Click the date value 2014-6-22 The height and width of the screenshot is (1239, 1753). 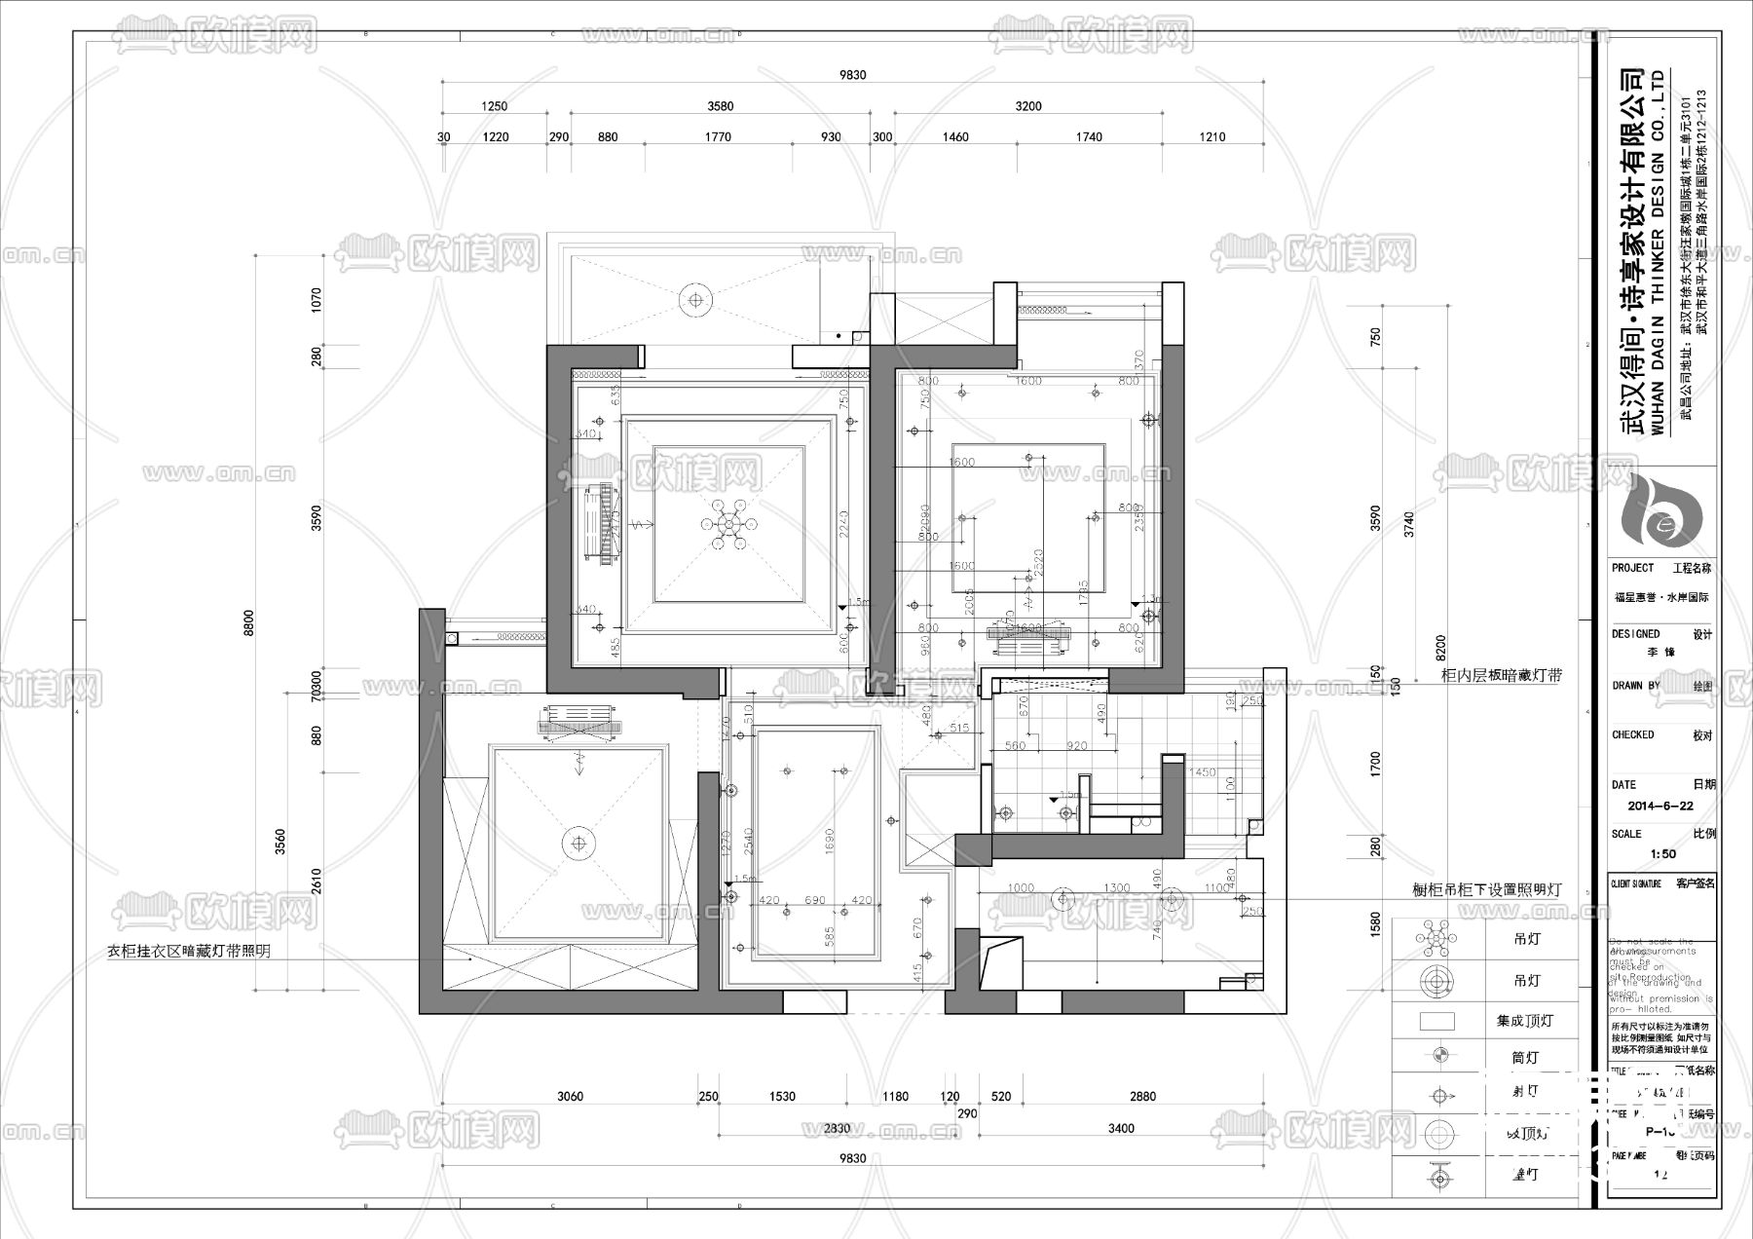pos(1660,807)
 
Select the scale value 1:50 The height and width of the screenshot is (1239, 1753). pos(1662,854)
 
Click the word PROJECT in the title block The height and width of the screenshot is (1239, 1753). pos(1632,568)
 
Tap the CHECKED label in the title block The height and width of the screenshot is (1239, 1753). pos(1632,734)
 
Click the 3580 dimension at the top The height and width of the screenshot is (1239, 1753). pos(720,106)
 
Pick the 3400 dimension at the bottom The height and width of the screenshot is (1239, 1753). pos(1121,1129)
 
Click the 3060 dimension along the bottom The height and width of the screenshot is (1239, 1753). pos(570,1097)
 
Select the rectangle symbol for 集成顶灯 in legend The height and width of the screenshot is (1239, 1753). pos(1437,1021)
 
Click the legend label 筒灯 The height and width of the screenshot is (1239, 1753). pos(1524,1058)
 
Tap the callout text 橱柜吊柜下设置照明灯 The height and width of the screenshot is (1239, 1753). pos(1486,890)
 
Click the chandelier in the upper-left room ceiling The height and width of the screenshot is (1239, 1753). pos(727,524)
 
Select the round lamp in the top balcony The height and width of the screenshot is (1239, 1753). pos(696,298)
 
